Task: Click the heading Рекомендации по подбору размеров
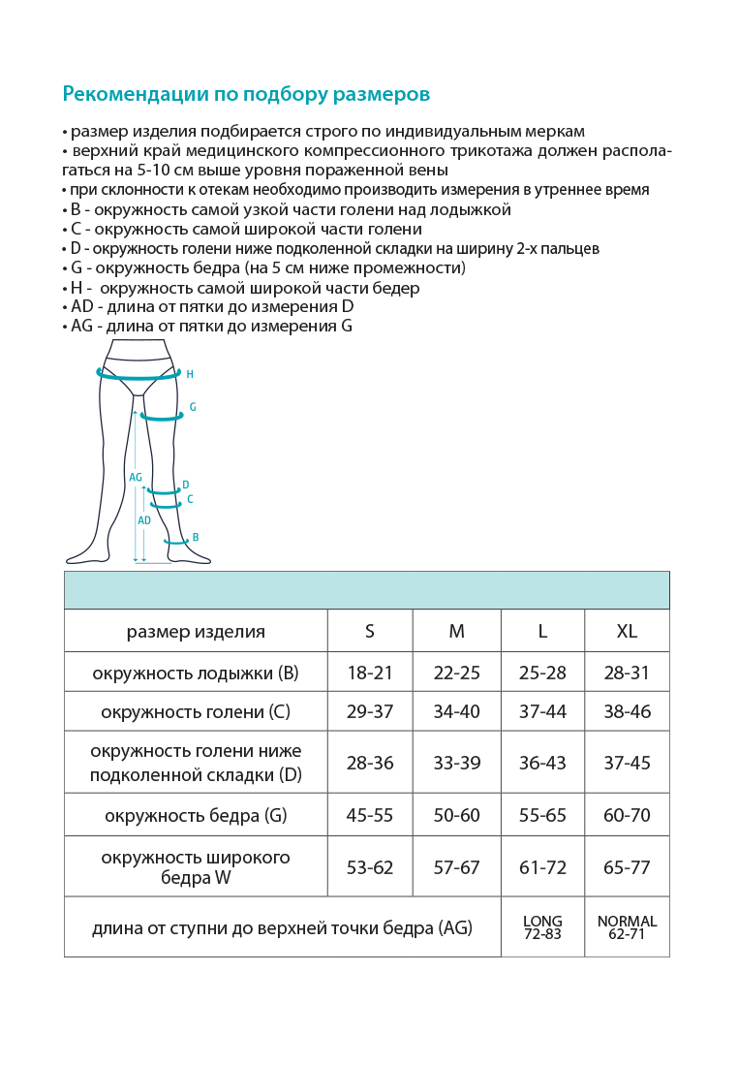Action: pyautogui.click(x=246, y=94)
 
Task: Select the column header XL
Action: pyautogui.click(x=627, y=632)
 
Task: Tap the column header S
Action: pyautogui.click(x=370, y=632)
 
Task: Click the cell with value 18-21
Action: pyautogui.click(x=370, y=673)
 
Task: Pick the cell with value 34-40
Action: pyautogui.click(x=456, y=712)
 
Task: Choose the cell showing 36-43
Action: pyautogui.click(x=542, y=763)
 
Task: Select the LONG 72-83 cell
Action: pyautogui.click(x=542, y=927)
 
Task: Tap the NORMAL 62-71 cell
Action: pyautogui.click(x=627, y=927)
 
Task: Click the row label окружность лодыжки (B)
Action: pyautogui.click(x=196, y=673)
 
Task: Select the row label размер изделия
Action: pyautogui.click(x=196, y=632)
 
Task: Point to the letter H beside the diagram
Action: pyautogui.click(x=190, y=374)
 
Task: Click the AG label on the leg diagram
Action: pyautogui.click(x=136, y=477)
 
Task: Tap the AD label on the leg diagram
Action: pyautogui.click(x=144, y=520)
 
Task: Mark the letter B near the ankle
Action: pyautogui.click(x=196, y=537)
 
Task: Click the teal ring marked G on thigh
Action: pyautogui.click(x=162, y=418)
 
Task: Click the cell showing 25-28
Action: pyautogui.click(x=542, y=673)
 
